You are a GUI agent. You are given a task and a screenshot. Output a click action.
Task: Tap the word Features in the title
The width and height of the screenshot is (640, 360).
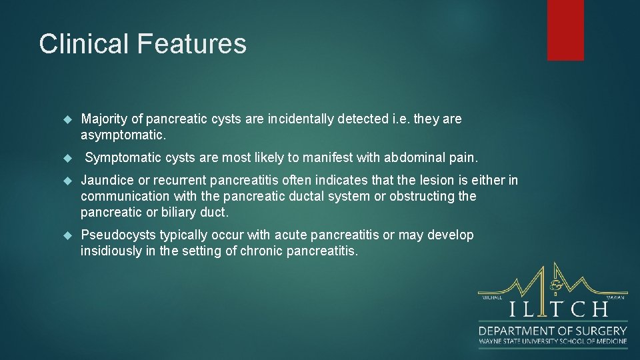pyautogui.click(x=192, y=44)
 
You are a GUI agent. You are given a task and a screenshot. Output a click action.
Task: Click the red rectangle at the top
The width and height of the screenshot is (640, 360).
pyautogui.click(x=565, y=29)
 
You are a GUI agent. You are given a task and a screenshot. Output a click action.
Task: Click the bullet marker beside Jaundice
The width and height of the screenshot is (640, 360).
pyautogui.click(x=66, y=181)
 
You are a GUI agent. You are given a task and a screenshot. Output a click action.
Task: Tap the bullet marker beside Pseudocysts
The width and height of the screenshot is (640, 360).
pyautogui.click(x=66, y=235)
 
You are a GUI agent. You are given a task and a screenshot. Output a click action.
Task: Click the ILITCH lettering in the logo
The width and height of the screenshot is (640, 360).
pyautogui.click(x=559, y=309)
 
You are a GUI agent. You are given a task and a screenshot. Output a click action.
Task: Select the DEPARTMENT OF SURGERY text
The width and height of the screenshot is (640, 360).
pyautogui.click(x=553, y=331)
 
